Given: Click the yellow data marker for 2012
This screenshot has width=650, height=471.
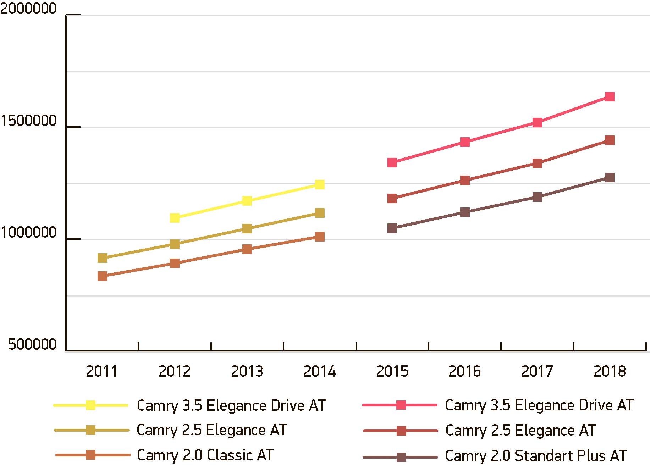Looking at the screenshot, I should tap(175, 217).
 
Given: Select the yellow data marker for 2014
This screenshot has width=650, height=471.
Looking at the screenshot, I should tap(320, 184).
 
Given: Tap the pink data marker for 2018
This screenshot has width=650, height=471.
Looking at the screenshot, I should tap(610, 96).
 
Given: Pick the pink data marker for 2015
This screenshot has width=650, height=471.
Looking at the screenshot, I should tap(392, 162).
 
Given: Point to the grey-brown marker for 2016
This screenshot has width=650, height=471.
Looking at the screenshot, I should tap(465, 212).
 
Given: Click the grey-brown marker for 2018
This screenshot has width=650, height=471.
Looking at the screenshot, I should tap(610, 177).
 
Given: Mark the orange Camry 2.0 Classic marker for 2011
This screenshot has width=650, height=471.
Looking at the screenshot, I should tap(102, 276).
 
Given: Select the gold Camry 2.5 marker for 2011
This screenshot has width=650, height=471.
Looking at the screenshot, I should tap(102, 258).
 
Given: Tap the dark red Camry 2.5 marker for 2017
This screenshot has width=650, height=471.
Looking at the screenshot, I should tap(537, 163).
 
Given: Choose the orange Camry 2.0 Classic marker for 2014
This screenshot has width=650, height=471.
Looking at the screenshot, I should tap(320, 237).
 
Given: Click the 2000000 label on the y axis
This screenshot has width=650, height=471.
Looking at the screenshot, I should tap(28, 9).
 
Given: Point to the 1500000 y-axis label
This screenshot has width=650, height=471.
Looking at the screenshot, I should tap(28, 121).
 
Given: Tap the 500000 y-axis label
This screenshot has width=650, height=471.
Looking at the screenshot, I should tap(32, 344).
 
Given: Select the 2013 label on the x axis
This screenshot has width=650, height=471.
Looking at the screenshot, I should tap(247, 371).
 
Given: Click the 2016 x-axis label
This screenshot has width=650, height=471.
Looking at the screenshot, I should tap(464, 371).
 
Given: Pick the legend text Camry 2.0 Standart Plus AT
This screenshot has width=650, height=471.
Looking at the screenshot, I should tap(536, 456).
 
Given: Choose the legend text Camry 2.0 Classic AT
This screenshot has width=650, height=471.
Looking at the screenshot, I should tap(205, 455).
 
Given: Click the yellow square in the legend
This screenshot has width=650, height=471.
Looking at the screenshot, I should tap(91, 405).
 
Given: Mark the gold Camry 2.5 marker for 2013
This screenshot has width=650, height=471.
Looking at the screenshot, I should tap(247, 228).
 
